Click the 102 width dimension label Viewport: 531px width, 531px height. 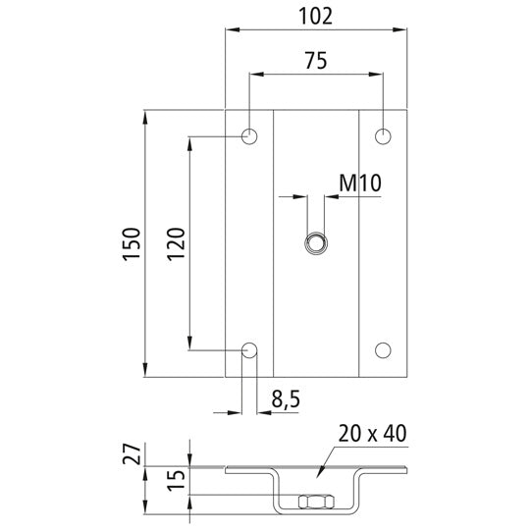pyautogui.click(x=316, y=16)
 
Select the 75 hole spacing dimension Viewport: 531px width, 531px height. pyautogui.click(x=316, y=59)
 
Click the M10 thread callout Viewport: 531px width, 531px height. pyautogui.click(x=359, y=182)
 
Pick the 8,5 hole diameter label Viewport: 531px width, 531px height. pyautogui.click(x=285, y=398)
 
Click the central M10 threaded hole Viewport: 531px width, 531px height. pyautogui.click(x=316, y=242)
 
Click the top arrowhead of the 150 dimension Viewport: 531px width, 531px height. pyautogui.click(x=147, y=115)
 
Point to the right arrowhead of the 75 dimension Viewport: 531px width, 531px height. pyautogui.click(x=378, y=73)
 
